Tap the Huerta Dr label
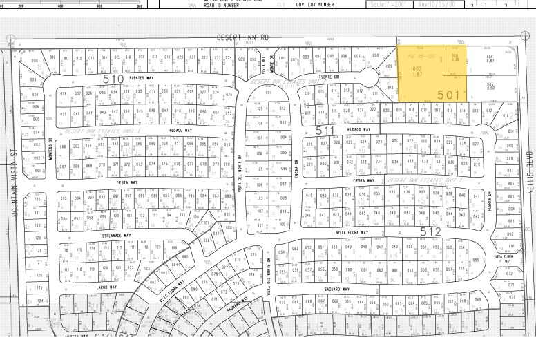(488, 198)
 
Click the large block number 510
(113, 79)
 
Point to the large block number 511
(325, 129)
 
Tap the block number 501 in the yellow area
(448, 94)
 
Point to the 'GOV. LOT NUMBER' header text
(315, 3)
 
